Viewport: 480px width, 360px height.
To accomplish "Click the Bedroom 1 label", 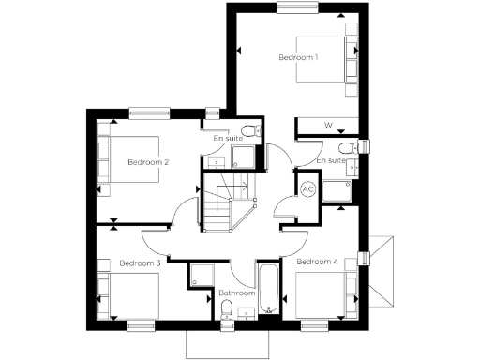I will pyautogui.click(x=298, y=57).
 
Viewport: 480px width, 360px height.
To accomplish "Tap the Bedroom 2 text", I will pyautogui.click(x=148, y=162).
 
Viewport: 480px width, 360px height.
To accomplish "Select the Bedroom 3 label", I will pyautogui.click(x=140, y=263).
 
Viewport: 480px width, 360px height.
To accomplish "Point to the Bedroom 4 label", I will pyautogui.click(x=317, y=262).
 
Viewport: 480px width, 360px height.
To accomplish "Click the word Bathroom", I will pyautogui.click(x=236, y=292).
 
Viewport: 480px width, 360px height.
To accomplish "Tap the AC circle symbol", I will pyautogui.click(x=307, y=188).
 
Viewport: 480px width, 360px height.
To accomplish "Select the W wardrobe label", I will pyautogui.click(x=328, y=125).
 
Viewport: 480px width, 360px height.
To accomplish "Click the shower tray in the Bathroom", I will pyautogui.click(x=201, y=276).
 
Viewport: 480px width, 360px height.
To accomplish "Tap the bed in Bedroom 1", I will pyautogui.click(x=323, y=58).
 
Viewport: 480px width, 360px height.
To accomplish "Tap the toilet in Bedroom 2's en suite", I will pyautogui.click(x=247, y=131).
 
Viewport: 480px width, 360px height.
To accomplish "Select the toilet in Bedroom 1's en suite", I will pyautogui.click(x=346, y=147).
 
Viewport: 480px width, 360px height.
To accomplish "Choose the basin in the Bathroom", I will pyautogui.click(x=247, y=313).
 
